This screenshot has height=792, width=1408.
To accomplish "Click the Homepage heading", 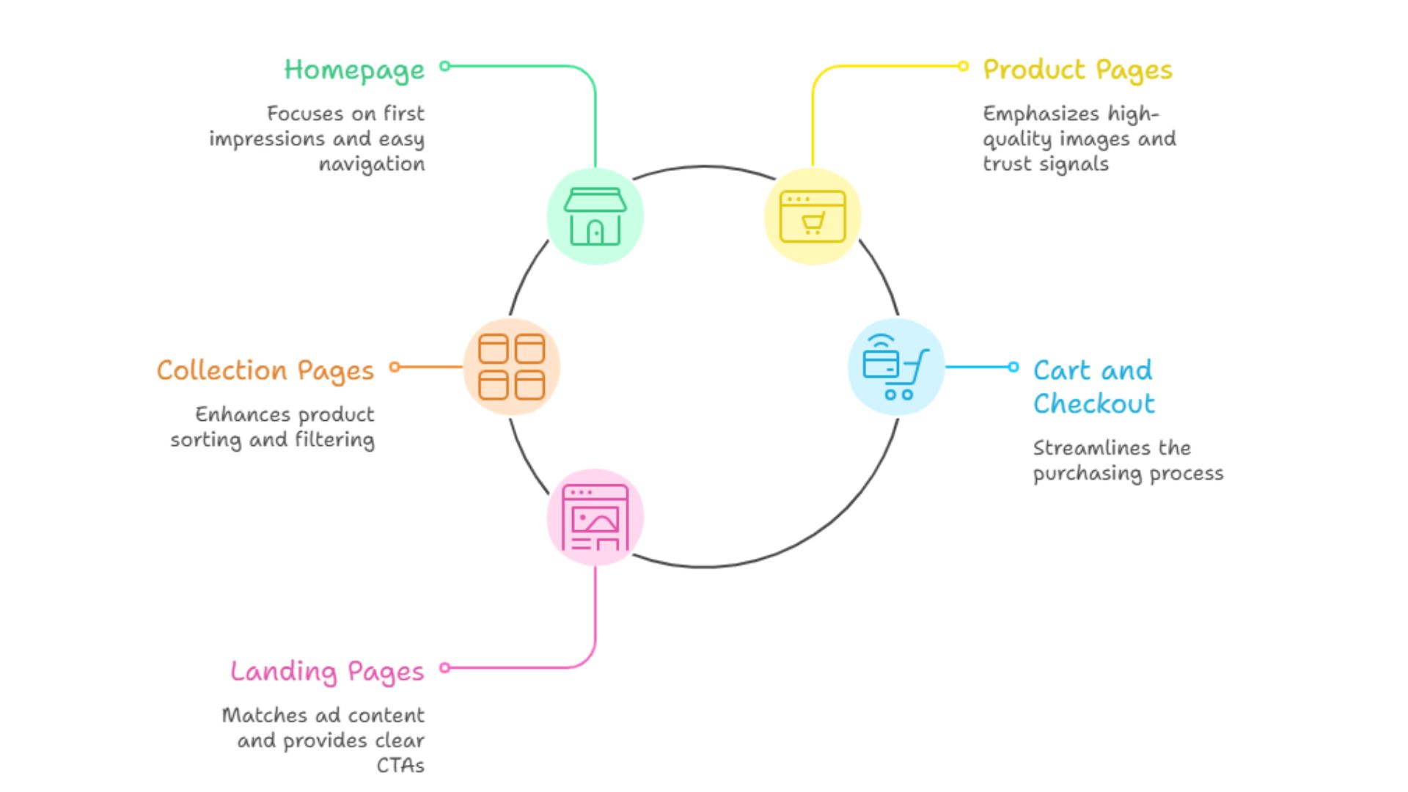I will (354, 70).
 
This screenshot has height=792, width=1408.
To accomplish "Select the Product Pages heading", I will (1077, 70).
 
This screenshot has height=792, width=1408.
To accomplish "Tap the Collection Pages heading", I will (265, 371).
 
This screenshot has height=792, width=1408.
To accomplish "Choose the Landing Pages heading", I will (327, 672).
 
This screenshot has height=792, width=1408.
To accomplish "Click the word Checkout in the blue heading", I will (1093, 404).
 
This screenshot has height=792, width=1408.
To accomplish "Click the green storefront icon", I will (595, 216).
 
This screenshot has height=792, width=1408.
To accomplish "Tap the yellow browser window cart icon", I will (812, 216).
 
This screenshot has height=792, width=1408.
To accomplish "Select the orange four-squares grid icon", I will (511, 367).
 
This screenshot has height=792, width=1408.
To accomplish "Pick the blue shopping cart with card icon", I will (895, 367).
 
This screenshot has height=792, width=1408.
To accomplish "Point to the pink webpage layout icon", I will (595, 517).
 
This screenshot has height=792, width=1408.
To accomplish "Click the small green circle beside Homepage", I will (444, 66).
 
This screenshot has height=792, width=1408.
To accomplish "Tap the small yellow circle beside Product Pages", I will (963, 66).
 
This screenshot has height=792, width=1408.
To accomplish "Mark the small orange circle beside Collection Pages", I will (395, 367).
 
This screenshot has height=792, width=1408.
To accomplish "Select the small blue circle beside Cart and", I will (1013, 367).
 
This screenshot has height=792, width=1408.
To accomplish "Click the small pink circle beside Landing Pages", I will (444, 667).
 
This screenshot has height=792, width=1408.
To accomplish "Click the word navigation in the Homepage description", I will (371, 164).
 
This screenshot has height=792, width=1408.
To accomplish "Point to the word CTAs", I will (400, 766).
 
